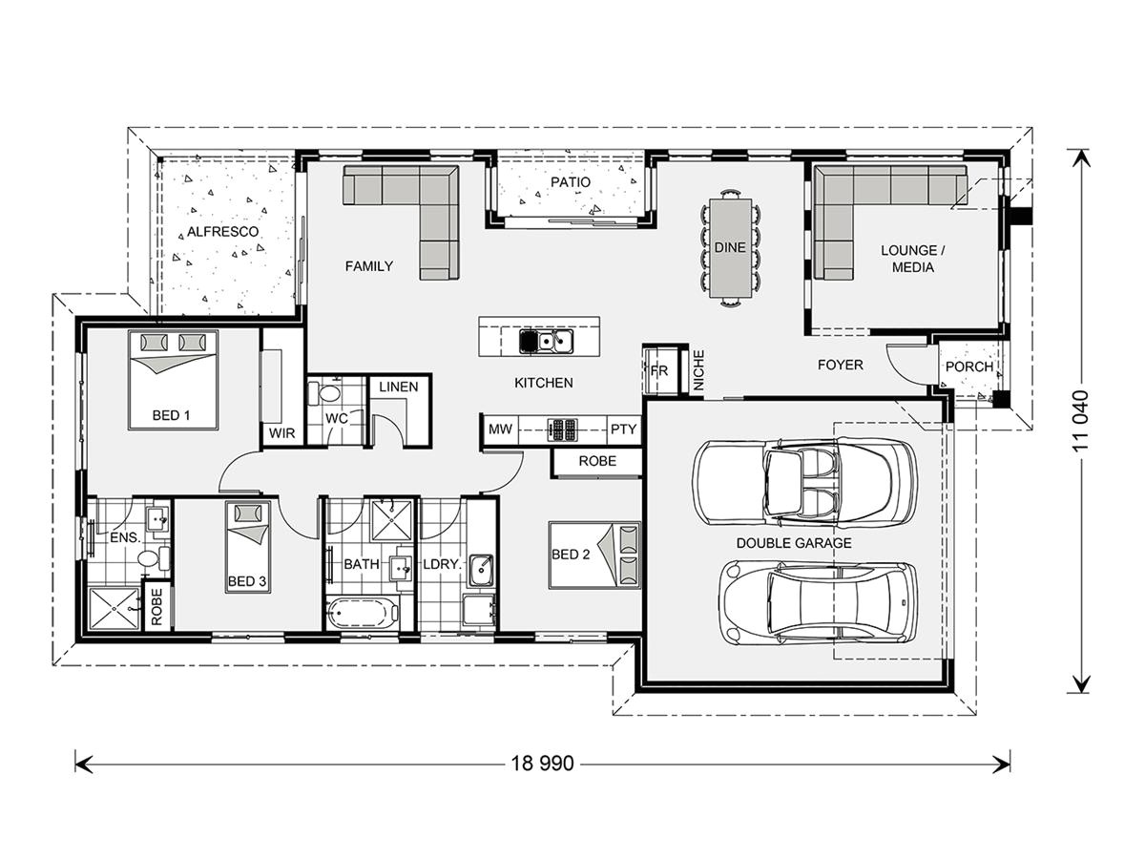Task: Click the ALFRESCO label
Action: [x=222, y=232]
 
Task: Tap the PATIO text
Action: [x=571, y=182]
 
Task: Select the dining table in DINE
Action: [x=730, y=248]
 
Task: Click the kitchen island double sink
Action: [x=546, y=342]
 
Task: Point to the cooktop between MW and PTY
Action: [x=562, y=429]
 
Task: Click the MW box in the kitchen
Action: [x=500, y=429]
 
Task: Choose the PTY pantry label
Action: [x=623, y=429]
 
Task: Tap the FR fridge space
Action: [x=660, y=371]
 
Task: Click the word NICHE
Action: [x=699, y=370]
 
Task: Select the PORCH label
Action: [x=969, y=367]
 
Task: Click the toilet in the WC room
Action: [x=323, y=393]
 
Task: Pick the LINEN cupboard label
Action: [x=399, y=387]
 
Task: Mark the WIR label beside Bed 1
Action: [x=281, y=433]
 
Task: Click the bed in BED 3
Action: [x=248, y=547]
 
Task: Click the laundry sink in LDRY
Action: [x=481, y=570]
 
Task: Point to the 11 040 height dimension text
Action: [x=1080, y=421]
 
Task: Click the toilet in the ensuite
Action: [x=153, y=558]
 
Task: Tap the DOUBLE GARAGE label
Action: [x=794, y=543]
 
